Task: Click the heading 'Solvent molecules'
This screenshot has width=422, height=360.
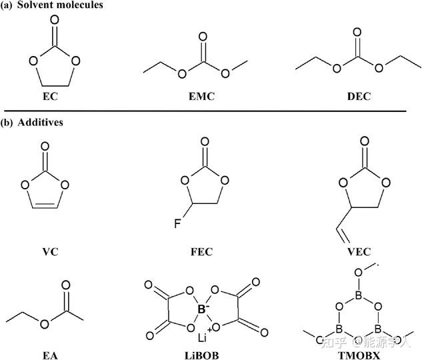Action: click(x=54, y=6)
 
